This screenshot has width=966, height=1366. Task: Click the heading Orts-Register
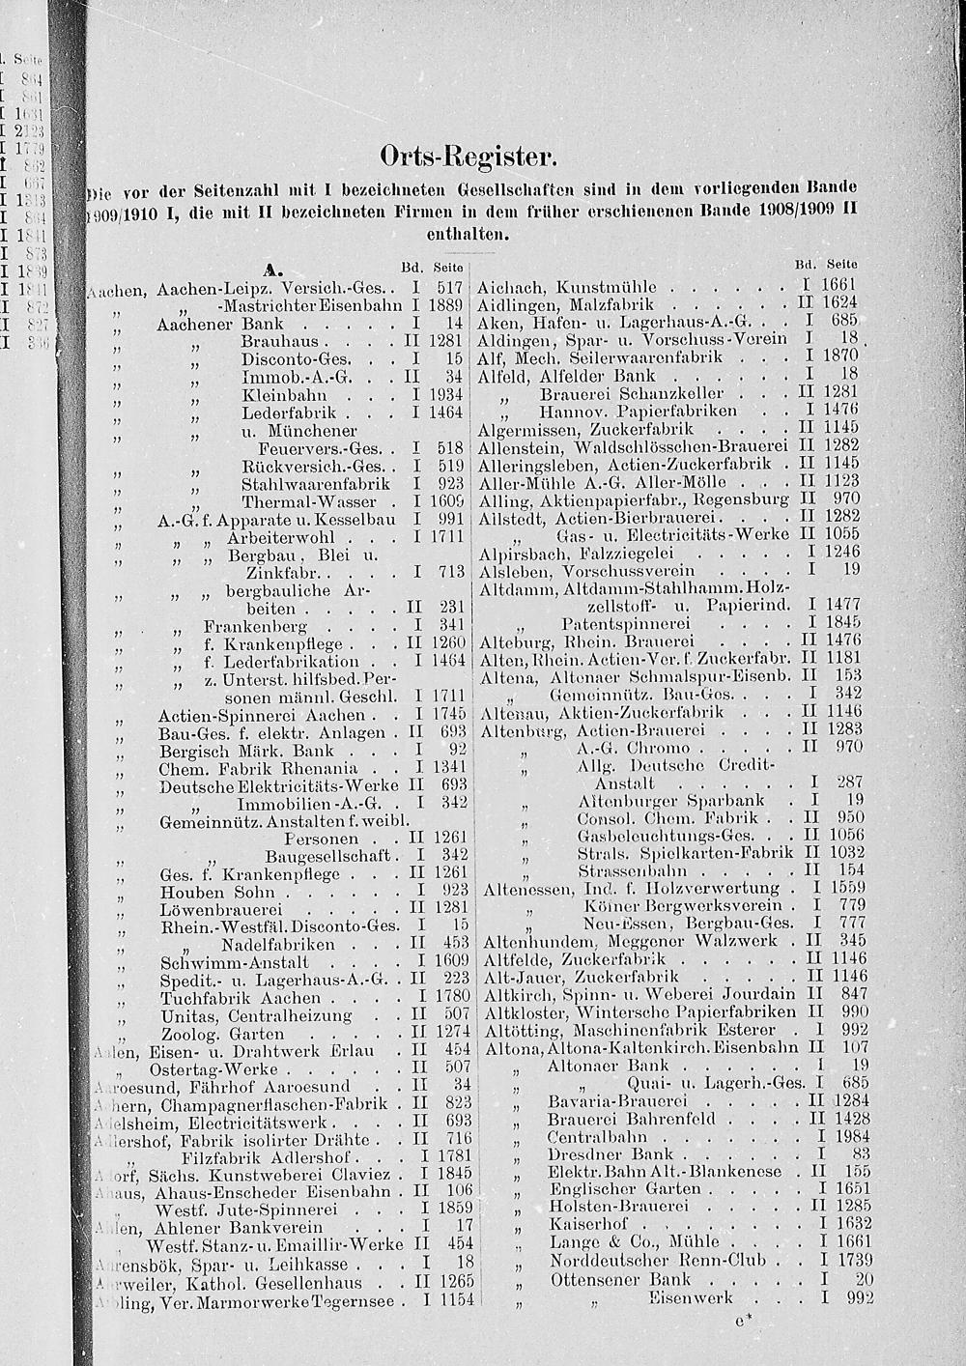(x=469, y=155)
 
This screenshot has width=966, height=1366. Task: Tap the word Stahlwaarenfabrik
(x=316, y=484)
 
